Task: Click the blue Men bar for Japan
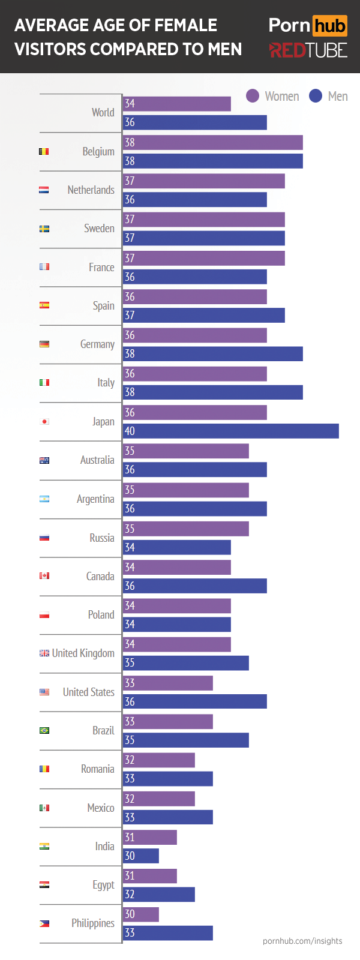pyautogui.click(x=231, y=431)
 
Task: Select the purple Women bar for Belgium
pyautogui.click(x=213, y=142)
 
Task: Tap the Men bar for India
pyautogui.click(x=141, y=856)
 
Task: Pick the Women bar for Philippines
pyautogui.click(x=141, y=914)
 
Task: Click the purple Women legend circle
pyautogui.click(x=253, y=96)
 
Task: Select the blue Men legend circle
pyautogui.click(x=316, y=96)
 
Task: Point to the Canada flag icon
pyautogui.click(x=44, y=576)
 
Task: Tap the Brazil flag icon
pyautogui.click(x=44, y=730)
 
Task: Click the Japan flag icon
pyautogui.click(x=44, y=422)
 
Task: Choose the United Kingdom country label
pyautogui.click(x=83, y=653)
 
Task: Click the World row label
pyautogui.click(x=103, y=112)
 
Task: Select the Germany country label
pyautogui.click(x=97, y=344)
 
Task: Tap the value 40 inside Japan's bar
pyautogui.click(x=130, y=431)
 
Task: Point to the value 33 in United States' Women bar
pyautogui.click(x=130, y=683)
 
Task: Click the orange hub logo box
pyautogui.click(x=329, y=26)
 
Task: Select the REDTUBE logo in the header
pyautogui.click(x=308, y=50)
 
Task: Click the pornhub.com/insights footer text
pyautogui.click(x=302, y=941)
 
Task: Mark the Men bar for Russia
pyautogui.click(x=177, y=547)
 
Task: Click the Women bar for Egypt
pyautogui.click(x=150, y=875)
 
